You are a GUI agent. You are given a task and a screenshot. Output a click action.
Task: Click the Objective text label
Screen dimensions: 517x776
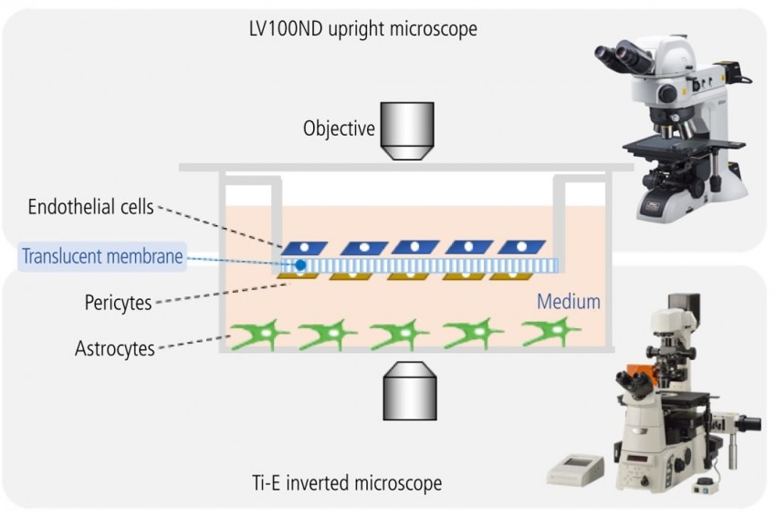[x=339, y=129]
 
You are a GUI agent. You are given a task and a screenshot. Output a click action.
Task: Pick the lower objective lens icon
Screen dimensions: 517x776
[x=406, y=390]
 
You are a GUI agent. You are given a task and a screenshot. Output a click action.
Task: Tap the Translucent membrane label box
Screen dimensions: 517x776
[x=102, y=257]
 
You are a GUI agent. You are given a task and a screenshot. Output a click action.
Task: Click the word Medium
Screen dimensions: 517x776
[x=568, y=302]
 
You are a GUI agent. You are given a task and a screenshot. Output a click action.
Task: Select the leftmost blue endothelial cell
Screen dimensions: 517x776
[x=303, y=247]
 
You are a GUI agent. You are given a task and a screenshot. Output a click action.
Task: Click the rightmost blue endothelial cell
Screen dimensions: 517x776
[x=522, y=247]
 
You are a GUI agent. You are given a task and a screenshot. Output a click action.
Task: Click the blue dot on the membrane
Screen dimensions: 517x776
[x=300, y=264]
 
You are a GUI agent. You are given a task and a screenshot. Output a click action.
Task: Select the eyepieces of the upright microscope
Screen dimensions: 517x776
[x=621, y=56]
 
